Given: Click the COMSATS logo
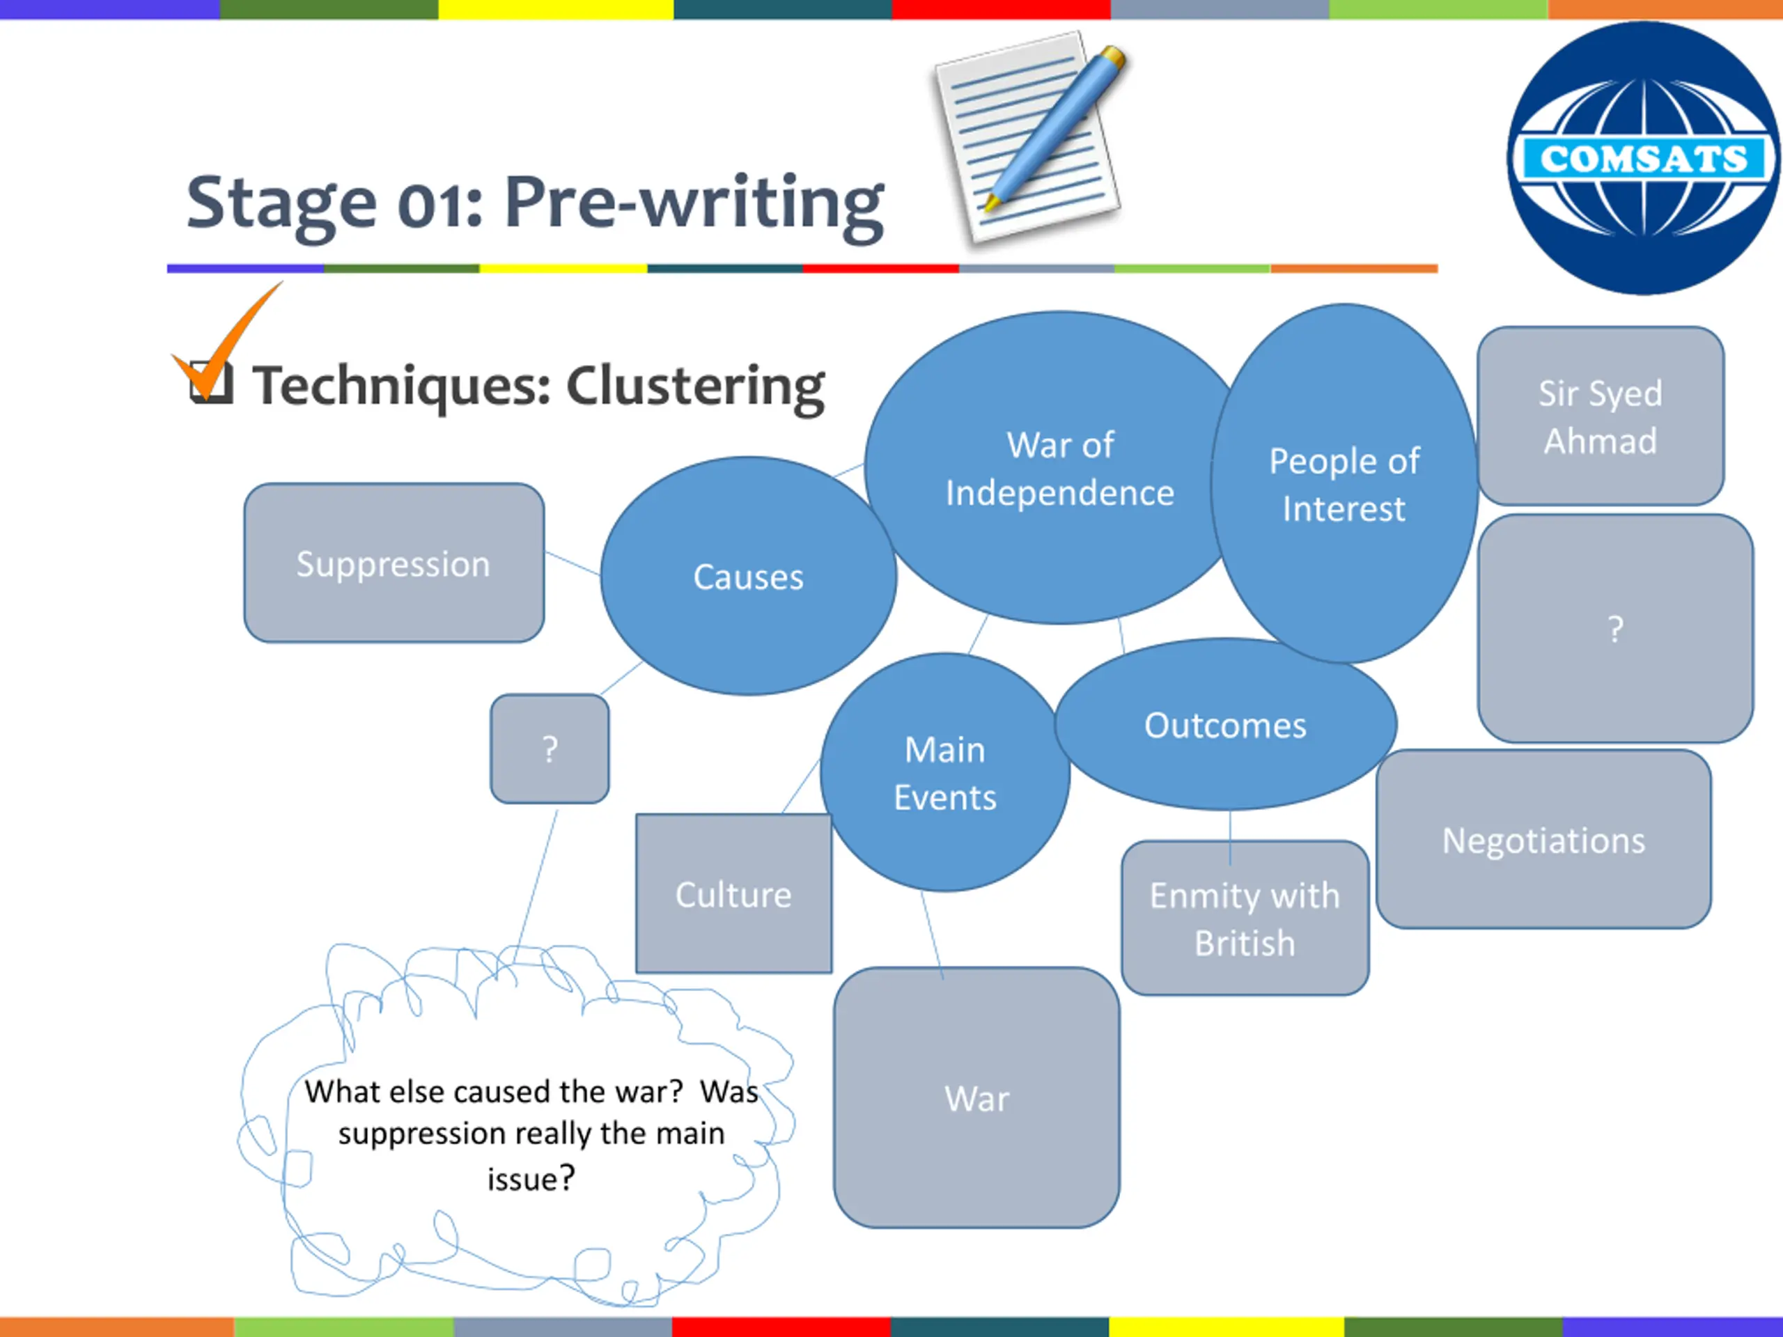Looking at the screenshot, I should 1643,158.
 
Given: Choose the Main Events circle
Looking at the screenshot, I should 944,773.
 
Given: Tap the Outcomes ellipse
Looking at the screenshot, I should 1225,726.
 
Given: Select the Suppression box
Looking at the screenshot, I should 394,563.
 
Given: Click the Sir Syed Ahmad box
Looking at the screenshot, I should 1600,416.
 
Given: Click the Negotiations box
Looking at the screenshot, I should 1543,840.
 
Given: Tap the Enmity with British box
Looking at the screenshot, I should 1245,918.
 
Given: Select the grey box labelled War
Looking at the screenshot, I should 976,1097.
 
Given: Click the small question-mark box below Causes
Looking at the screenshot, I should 550,749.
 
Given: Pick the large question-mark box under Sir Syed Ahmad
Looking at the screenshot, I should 1614,629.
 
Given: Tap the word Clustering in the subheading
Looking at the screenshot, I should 695,386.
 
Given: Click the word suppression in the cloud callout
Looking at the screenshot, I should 399,1133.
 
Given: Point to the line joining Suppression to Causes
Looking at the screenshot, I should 573,563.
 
